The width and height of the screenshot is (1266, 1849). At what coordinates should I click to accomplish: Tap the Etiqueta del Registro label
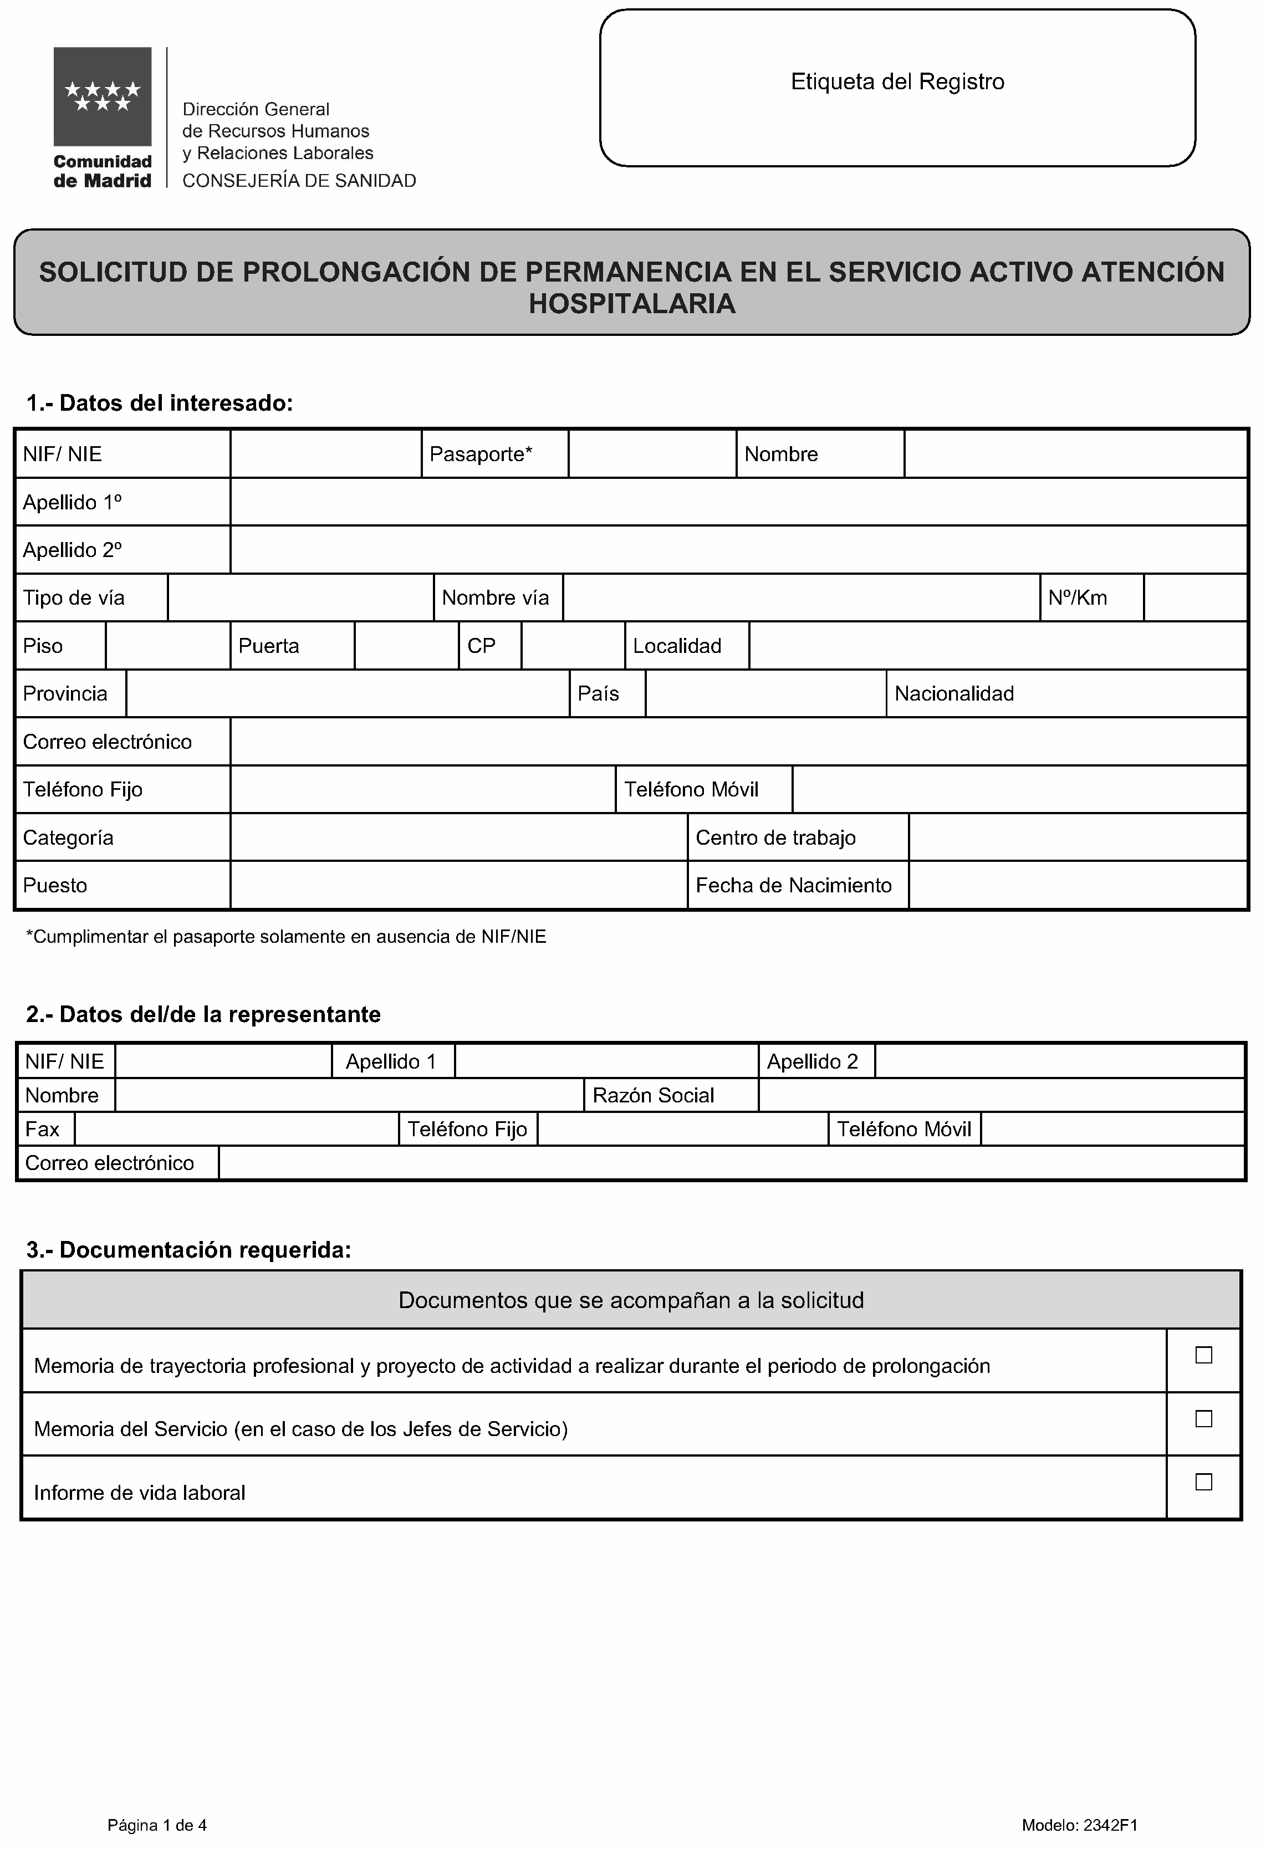(897, 82)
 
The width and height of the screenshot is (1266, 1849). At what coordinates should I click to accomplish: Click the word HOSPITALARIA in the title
(632, 304)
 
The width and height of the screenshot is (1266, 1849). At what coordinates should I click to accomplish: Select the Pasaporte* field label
(481, 454)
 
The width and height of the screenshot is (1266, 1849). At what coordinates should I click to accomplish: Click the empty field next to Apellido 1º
(738, 502)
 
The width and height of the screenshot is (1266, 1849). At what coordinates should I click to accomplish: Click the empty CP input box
(573, 646)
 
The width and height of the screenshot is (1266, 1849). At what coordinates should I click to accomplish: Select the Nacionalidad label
(953, 694)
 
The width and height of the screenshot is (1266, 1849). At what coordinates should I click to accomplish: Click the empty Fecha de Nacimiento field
(1078, 886)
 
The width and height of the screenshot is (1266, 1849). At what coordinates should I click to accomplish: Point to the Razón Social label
(654, 1096)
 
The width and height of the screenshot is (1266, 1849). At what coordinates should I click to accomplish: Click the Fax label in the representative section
(42, 1130)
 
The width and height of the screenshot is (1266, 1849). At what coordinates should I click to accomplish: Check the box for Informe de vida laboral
(1203, 1482)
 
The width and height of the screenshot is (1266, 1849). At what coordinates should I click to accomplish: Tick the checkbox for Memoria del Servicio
(1203, 1418)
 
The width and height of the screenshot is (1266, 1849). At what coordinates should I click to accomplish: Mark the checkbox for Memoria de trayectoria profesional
(1203, 1355)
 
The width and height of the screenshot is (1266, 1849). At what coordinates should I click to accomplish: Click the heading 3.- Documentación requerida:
(188, 1250)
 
